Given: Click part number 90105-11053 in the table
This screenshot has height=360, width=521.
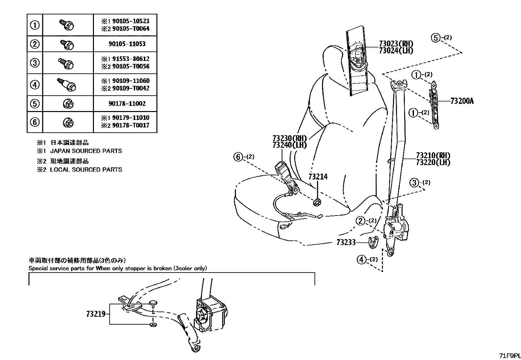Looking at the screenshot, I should point(127,44).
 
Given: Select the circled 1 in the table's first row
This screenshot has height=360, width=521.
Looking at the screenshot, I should point(35,25).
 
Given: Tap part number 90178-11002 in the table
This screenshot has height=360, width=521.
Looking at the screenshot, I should point(127,104).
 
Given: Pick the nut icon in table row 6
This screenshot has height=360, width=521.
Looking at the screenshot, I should point(68,123).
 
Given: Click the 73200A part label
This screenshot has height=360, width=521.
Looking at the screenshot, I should point(462,101).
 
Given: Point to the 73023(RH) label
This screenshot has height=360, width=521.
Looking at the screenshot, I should point(396,44).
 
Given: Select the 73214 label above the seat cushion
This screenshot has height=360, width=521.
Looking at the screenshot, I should point(318,177).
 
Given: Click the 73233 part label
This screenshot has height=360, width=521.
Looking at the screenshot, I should point(346,242).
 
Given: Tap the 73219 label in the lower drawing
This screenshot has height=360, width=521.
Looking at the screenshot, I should point(96,314).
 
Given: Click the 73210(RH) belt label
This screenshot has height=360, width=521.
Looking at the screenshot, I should point(433,155).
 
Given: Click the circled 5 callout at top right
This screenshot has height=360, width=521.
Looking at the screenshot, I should point(436,38).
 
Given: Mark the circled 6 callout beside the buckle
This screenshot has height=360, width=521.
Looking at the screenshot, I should point(238,157).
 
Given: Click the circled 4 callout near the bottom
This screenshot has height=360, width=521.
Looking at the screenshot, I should point(361,260).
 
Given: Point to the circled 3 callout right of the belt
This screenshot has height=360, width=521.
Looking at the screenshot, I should point(415,183).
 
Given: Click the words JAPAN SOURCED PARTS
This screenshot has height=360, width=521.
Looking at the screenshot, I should point(86,151).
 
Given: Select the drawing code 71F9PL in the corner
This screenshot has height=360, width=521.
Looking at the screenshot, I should point(510,356).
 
